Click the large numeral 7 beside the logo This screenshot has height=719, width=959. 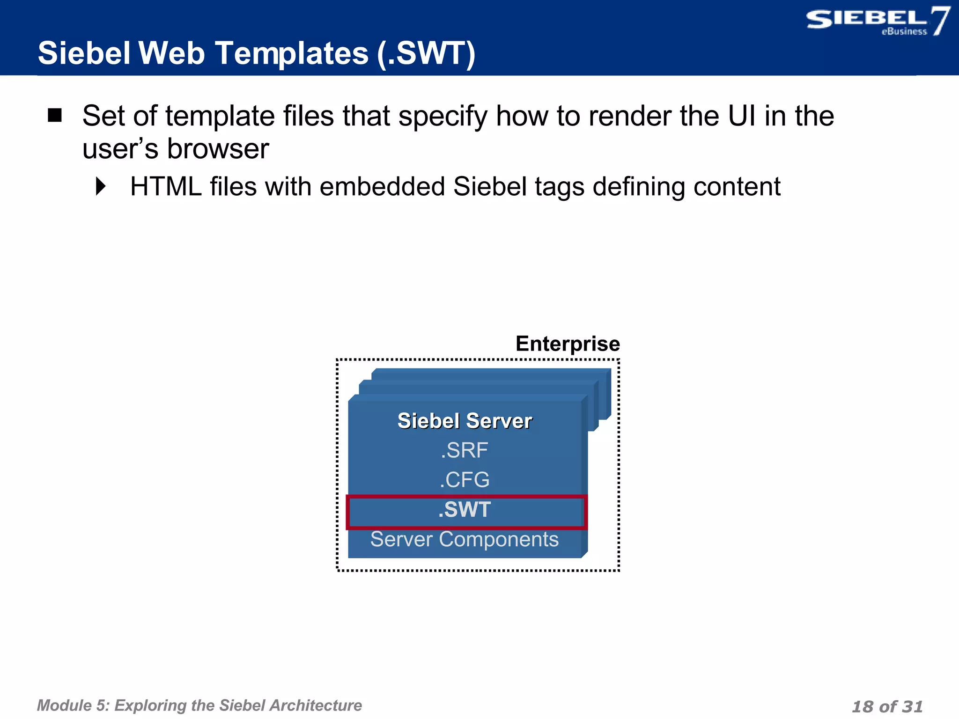click(x=940, y=21)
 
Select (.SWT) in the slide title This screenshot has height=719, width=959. click(x=427, y=53)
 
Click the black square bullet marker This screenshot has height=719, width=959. click(x=55, y=115)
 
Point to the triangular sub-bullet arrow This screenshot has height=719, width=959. click(x=101, y=186)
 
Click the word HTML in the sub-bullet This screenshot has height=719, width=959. click(x=166, y=186)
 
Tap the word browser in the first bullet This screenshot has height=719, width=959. click(x=218, y=149)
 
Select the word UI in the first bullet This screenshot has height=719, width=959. click(x=742, y=116)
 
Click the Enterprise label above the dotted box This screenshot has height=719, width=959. click(x=568, y=344)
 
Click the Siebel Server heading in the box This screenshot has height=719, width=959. click(x=465, y=421)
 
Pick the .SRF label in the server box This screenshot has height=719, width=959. click(x=465, y=450)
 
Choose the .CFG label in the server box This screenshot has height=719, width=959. click(x=465, y=480)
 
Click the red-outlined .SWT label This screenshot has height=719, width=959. click(x=465, y=510)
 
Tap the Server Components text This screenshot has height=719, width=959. click(x=465, y=539)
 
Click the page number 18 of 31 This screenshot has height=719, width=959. click(x=887, y=706)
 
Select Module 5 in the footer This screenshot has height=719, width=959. click(x=72, y=705)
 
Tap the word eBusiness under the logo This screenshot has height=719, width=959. click(x=904, y=32)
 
